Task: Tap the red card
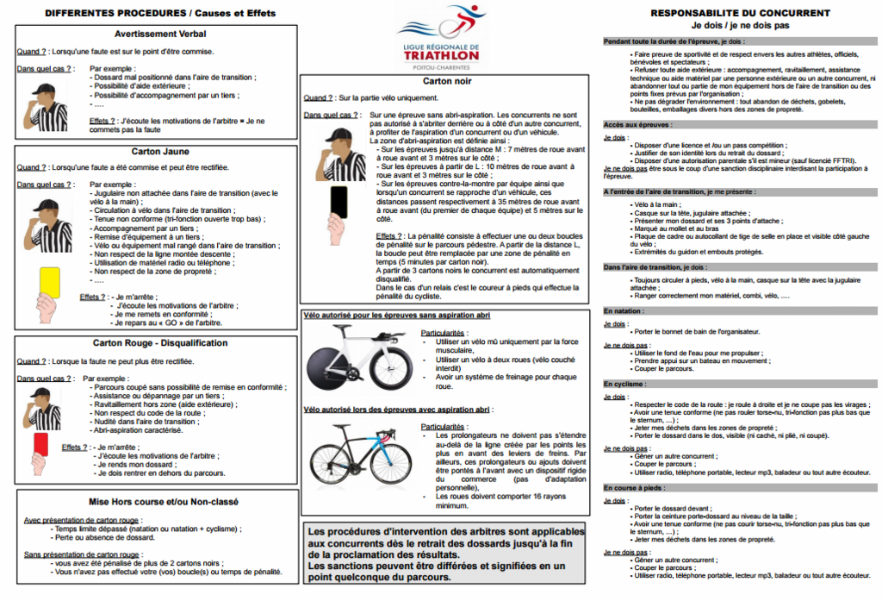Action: tap(40, 443)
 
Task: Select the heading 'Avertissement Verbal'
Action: tap(155, 34)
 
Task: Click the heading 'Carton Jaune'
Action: tap(155, 150)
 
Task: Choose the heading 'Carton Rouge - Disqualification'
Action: tap(155, 342)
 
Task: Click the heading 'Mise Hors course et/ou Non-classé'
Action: tap(155, 501)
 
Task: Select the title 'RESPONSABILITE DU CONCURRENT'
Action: tap(740, 14)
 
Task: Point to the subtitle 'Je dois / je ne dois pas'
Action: tap(740, 26)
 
